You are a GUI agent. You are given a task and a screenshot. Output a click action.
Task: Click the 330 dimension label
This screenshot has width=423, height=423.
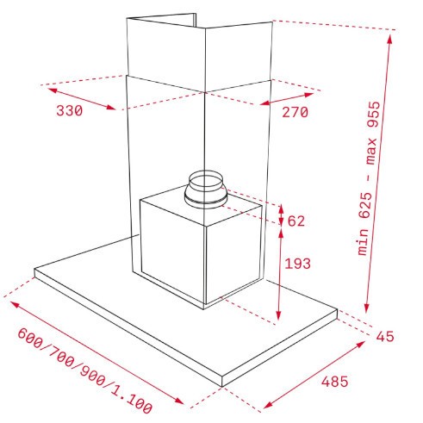(70, 110)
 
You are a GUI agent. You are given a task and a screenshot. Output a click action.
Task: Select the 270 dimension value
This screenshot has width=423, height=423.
(295, 112)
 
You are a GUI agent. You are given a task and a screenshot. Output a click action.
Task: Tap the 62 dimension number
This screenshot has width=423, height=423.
(296, 221)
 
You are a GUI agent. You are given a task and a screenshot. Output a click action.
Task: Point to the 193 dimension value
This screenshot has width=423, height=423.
(297, 264)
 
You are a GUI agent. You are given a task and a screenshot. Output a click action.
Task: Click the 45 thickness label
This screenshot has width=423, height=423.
(385, 336)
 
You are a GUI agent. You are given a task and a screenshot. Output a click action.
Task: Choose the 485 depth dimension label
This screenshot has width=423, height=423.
(334, 382)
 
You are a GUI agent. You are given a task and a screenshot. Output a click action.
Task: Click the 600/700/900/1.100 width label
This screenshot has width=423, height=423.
(85, 371)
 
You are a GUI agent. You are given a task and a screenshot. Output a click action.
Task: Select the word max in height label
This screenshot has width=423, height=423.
(371, 152)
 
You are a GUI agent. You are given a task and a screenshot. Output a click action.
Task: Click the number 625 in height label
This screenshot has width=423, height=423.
(366, 205)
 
